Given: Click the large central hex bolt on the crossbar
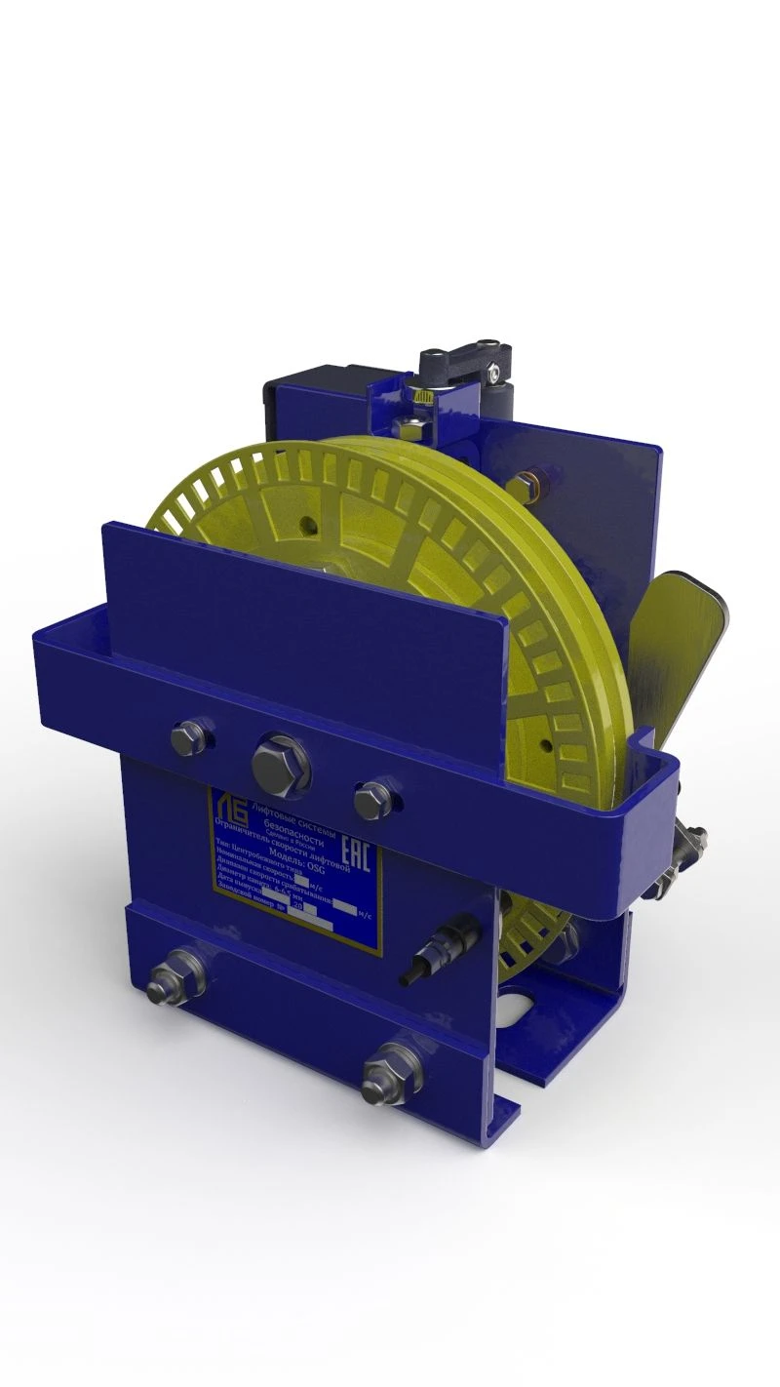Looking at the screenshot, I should (x=282, y=762).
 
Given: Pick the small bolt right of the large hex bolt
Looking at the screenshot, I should (x=372, y=799).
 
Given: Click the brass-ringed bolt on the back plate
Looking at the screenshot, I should (x=535, y=480).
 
